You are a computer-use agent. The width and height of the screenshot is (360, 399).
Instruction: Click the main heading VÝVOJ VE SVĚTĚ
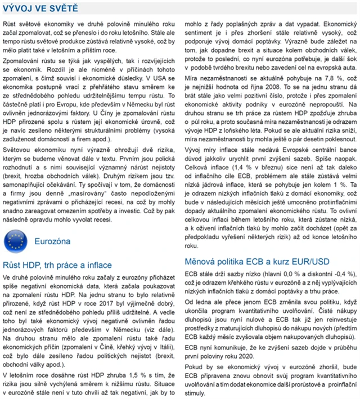(40, 8)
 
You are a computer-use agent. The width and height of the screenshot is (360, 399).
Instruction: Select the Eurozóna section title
(52, 241)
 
